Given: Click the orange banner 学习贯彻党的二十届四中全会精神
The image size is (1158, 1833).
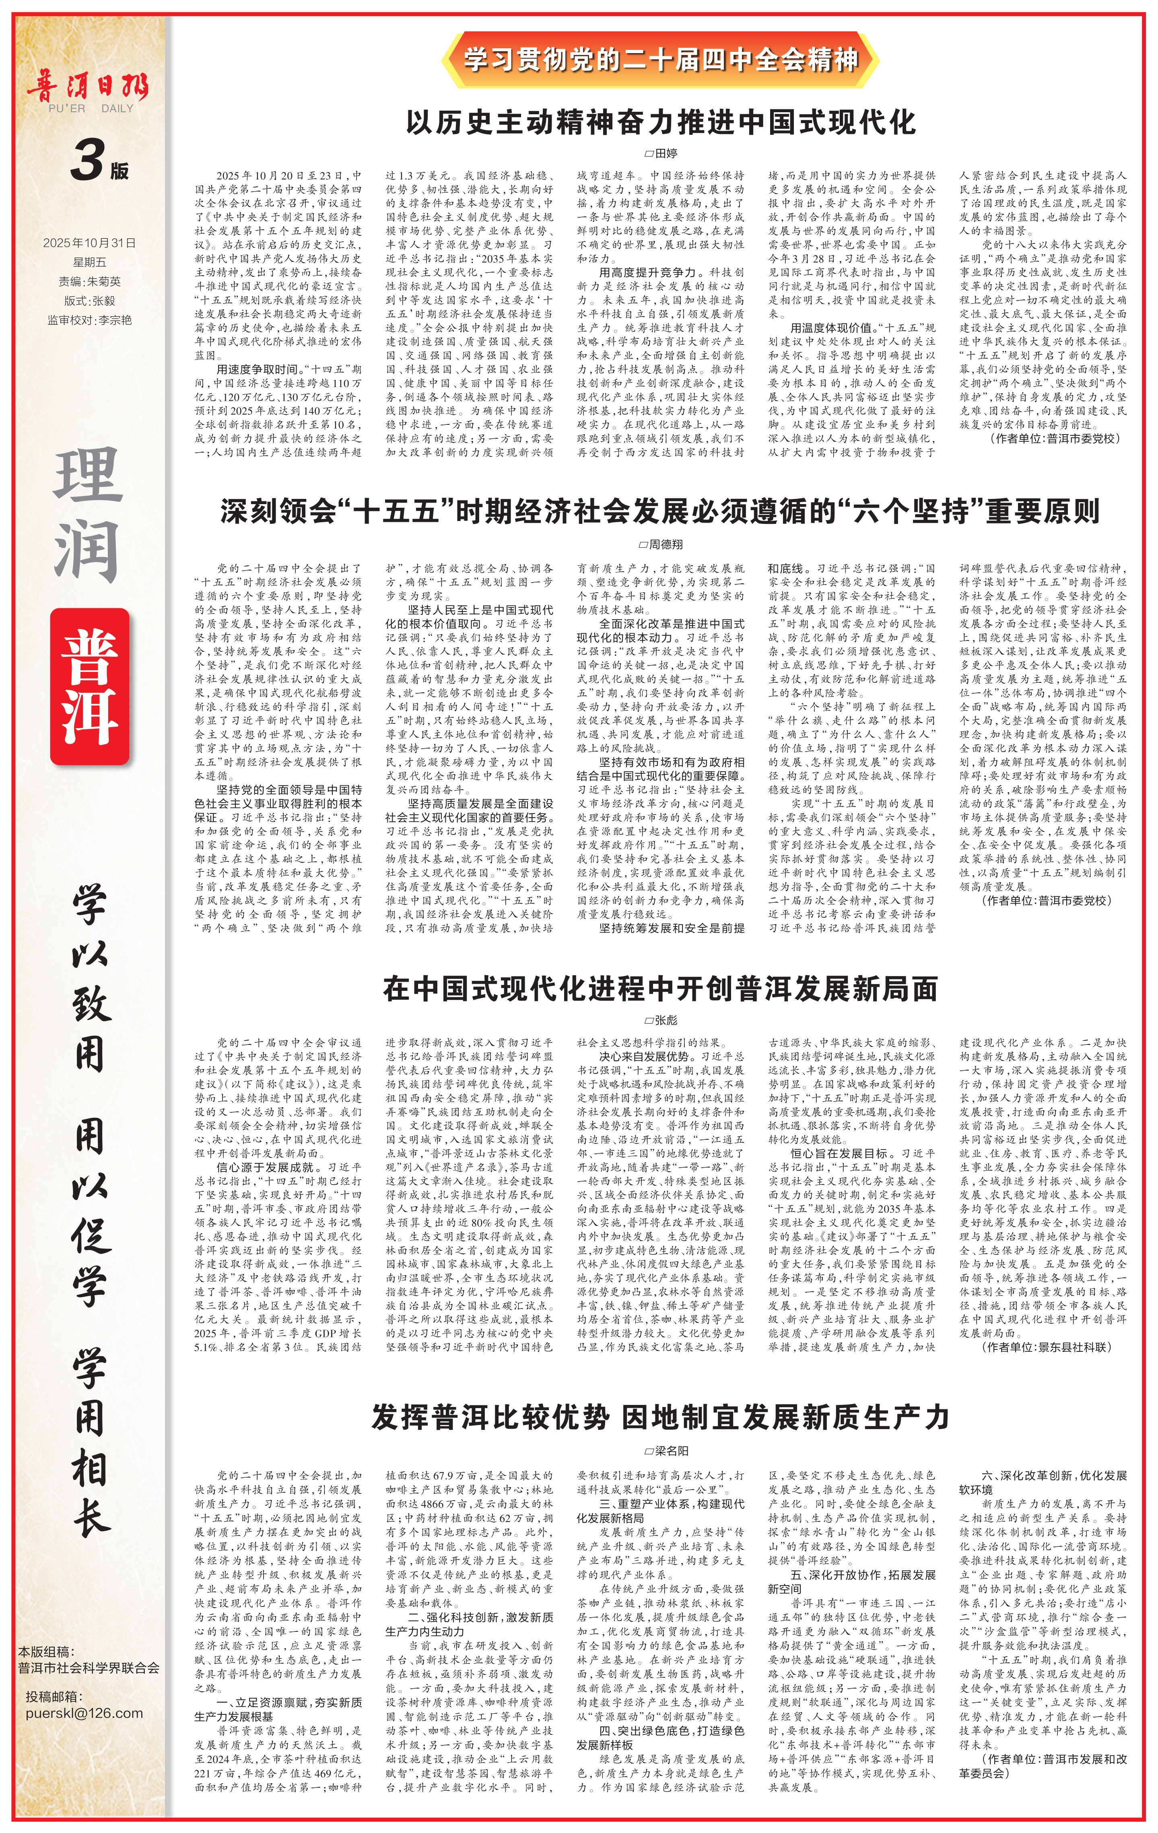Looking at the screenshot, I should tap(660, 60).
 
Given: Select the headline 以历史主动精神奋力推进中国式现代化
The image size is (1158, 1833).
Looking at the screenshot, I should tap(660, 122).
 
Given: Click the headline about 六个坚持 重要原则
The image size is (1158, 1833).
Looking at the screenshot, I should tap(660, 511).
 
